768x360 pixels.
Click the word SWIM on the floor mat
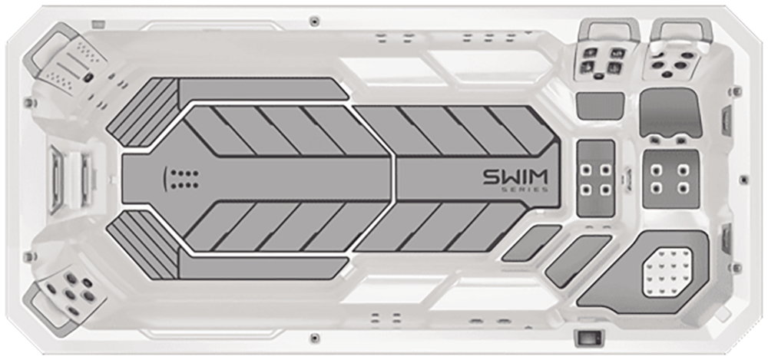[516, 177]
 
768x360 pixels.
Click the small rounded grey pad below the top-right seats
[600, 106]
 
